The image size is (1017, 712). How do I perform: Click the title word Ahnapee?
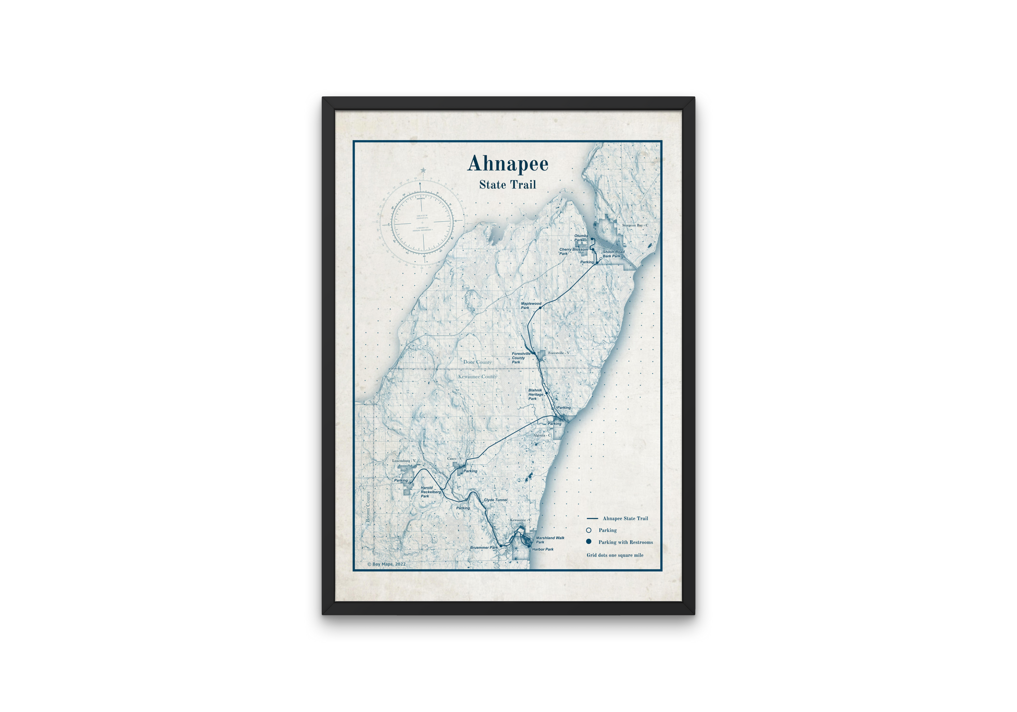tap(508, 164)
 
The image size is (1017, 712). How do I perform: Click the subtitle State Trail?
tap(508, 185)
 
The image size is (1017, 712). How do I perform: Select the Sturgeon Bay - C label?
tap(635, 225)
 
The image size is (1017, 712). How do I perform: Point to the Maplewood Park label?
tap(530, 305)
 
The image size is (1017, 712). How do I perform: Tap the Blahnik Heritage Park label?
tap(535, 394)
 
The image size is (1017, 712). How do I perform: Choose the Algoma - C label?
tap(542, 435)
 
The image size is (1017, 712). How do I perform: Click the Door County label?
tap(477, 362)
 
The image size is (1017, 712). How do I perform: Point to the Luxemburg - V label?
tap(404, 461)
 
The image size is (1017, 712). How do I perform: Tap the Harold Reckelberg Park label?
tap(430, 492)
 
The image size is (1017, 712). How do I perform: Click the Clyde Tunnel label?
tap(495, 500)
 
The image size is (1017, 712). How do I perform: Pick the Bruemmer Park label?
tap(484, 548)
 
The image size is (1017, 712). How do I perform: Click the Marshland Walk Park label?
tap(550, 540)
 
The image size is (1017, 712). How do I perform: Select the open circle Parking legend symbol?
tap(588, 530)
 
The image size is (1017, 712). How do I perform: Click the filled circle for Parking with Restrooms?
tap(588, 542)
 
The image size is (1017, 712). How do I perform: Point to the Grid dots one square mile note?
tap(615, 555)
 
